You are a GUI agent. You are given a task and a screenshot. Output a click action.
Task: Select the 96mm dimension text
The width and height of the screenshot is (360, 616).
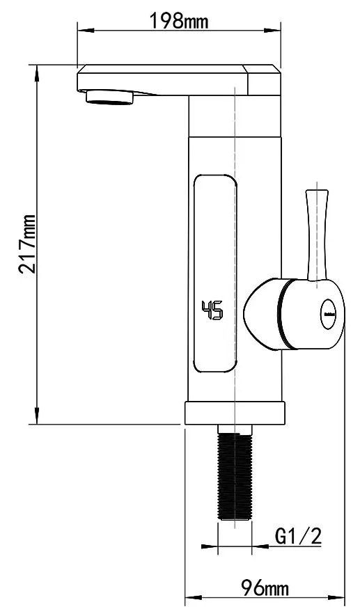265,588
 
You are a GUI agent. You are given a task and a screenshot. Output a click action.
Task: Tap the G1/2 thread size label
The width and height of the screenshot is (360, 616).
297,536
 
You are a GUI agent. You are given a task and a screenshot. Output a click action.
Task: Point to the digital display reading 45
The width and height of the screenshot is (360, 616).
212,310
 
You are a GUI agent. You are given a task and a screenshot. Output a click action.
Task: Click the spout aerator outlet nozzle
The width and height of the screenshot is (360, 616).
110,97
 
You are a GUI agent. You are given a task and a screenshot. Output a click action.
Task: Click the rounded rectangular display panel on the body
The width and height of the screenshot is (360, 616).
215,272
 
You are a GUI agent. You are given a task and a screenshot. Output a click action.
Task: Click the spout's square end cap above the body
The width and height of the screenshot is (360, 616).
263,80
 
